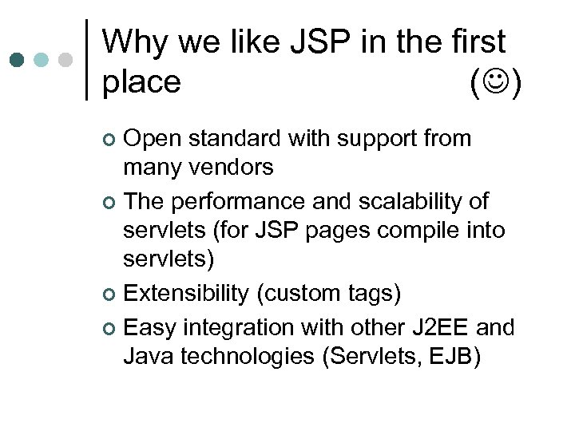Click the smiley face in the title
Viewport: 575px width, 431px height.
[x=496, y=82]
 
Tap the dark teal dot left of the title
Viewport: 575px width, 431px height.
[x=18, y=61]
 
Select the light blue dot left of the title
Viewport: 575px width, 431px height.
[x=42, y=61]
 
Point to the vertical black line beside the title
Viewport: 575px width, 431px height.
[x=86, y=60]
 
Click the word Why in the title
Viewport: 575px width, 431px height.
[x=135, y=42]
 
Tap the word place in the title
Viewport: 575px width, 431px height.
[x=142, y=82]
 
